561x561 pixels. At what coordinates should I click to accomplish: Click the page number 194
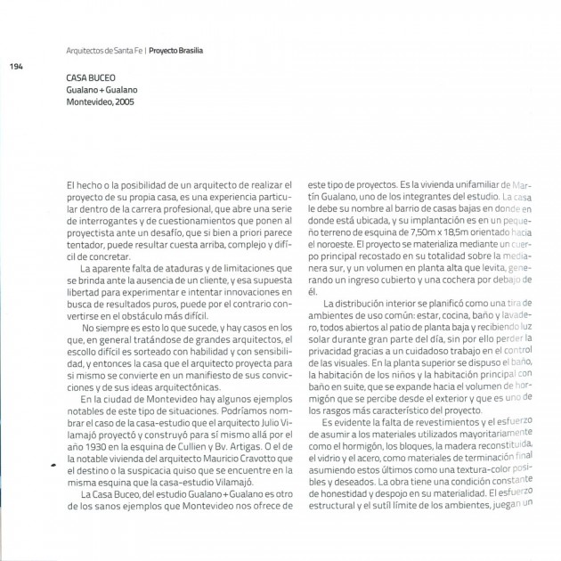(x=15, y=66)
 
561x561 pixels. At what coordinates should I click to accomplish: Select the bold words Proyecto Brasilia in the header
(x=175, y=51)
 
